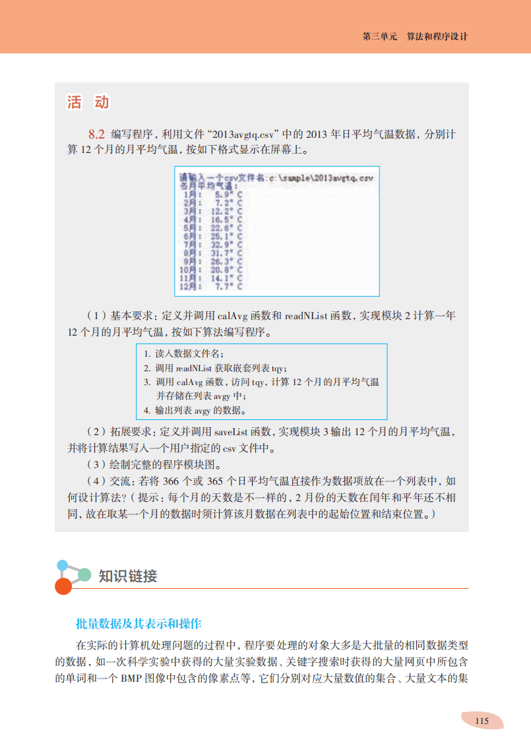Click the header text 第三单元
(x=380, y=37)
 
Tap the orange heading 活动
(x=88, y=102)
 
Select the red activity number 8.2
(x=97, y=134)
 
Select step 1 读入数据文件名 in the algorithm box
(x=185, y=354)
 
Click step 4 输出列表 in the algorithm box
(x=195, y=411)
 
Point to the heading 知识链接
(x=127, y=576)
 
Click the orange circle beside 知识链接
(x=63, y=586)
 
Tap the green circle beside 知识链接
(x=84, y=574)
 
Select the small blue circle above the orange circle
(x=63, y=565)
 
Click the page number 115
(x=482, y=721)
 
